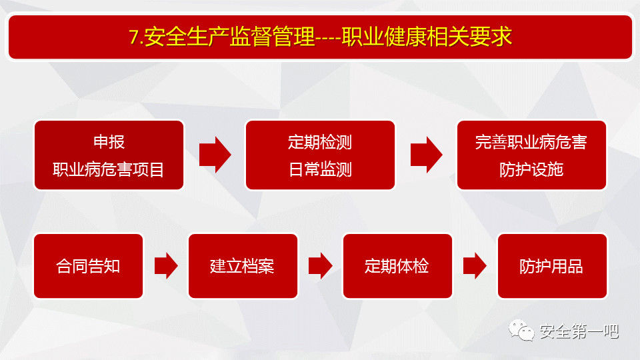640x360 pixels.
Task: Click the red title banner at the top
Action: pos(320,37)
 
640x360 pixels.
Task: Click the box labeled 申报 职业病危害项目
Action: pos(109,155)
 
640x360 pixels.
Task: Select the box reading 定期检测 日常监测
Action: pos(320,155)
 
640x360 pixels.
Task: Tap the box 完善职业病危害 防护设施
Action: pos(531,155)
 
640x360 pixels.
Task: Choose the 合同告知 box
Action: pos(89,266)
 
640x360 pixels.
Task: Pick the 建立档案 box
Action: pos(243,266)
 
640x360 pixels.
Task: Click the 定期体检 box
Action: pos(397,266)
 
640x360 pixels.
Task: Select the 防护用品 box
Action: pos(552,266)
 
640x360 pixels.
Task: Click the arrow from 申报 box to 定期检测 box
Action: pos(215,155)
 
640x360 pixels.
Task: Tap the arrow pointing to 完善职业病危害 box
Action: pos(427,155)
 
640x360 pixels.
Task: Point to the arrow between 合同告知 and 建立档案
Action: pos(166,266)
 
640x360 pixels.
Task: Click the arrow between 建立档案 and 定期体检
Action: pos(321,266)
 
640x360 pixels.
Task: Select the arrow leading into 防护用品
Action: pos(475,266)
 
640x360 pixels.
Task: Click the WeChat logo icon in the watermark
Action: pos(521,331)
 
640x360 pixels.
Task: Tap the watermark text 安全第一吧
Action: pos(579,331)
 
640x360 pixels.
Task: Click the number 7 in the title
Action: pos(134,37)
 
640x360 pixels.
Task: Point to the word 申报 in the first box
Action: pos(109,141)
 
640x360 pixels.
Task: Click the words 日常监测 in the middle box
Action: pos(321,169)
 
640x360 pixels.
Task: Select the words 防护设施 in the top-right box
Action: pos(531,169)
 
